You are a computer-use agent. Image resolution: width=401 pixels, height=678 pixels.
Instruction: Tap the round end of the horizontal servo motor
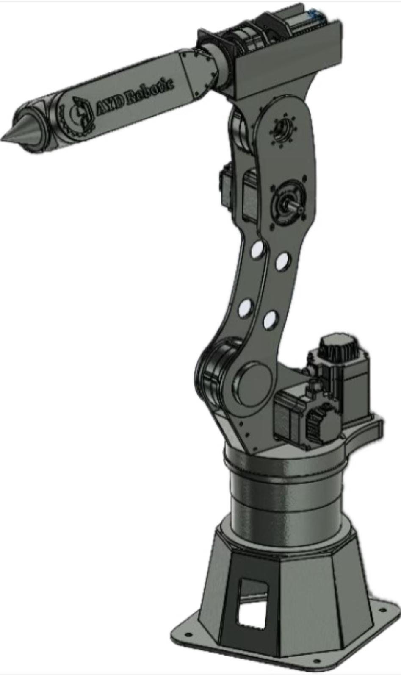pyautogui.click(x=322, y=424)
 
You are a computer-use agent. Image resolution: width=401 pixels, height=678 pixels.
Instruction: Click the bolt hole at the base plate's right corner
pyautogui.click(x=383, y=611)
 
